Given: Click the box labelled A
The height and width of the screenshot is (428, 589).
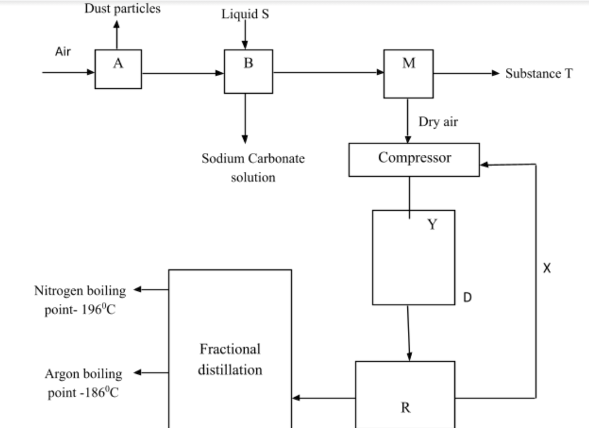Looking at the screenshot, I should pos(118,69).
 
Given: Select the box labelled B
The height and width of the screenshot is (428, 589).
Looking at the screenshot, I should pos(248,70).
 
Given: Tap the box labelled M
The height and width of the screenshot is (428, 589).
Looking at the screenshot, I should pos(408,74).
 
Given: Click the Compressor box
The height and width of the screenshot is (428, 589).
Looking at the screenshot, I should pos(414,159).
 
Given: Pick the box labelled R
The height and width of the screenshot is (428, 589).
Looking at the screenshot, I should pos(405,394).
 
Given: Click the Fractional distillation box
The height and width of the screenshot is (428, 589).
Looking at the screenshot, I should pos(230,359).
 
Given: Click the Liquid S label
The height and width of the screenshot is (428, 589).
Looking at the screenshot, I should pos(245,14).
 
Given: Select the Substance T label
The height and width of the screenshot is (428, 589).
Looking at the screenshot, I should pos(539,74).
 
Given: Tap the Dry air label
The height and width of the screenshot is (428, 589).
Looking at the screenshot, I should pos(438,122).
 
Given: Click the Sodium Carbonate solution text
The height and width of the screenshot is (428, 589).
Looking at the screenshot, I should pos(253,167).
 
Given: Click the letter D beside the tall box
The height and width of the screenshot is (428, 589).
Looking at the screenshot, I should pos(468,296).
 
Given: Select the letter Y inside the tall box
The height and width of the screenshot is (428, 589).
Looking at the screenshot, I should pos(432,225).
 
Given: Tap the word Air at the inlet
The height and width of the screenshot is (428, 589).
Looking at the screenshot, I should pos(63,52).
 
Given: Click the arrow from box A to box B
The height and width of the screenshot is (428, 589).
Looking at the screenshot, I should pos(182,72).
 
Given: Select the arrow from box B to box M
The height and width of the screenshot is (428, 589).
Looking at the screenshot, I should pos(327,72).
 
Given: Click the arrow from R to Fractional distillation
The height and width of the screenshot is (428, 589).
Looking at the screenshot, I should pos(323,398).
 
